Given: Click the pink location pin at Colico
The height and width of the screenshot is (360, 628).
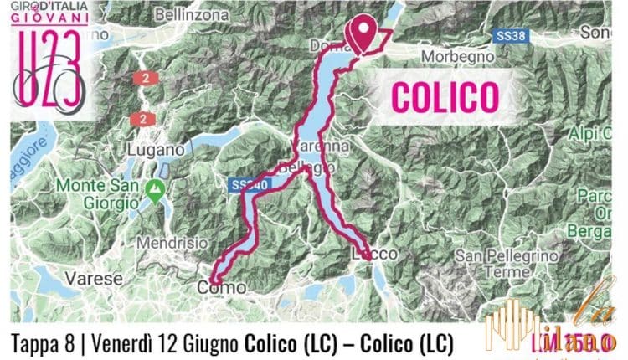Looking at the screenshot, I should pos(363,33).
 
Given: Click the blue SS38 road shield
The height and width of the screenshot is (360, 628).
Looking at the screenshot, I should pos(510,38).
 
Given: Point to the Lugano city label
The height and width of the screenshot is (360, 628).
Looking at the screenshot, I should pos(152,148).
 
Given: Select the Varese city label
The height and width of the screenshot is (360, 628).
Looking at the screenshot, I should pos(95,276).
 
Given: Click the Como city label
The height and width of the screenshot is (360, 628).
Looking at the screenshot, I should pos(222,287).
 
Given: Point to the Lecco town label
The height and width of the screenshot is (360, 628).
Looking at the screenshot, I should pos(373,253).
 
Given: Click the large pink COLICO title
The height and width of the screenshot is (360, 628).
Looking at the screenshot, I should pos(441,96).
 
